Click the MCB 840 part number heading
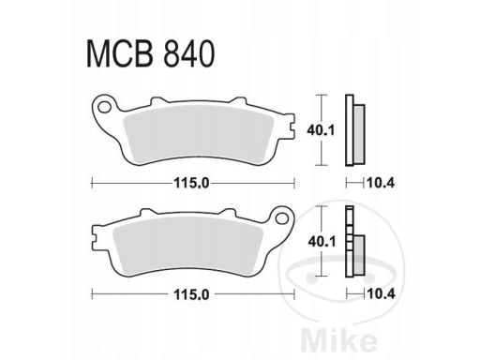pos(150,53)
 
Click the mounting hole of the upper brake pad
pos(104,107)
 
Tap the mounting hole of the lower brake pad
pos(282,217)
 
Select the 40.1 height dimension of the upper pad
pos(321,130)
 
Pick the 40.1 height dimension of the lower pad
pos(322,241)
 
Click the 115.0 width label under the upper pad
pos(191,183)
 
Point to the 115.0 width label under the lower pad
pos(191,294)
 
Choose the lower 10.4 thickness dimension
pos(382,294)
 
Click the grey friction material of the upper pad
pos(199,135)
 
